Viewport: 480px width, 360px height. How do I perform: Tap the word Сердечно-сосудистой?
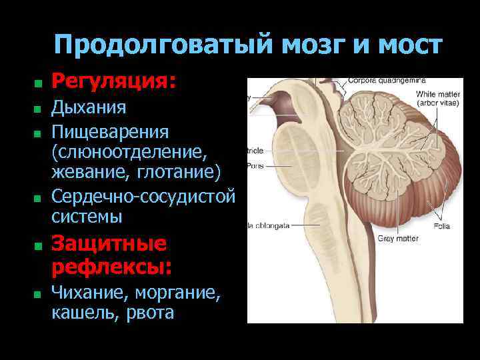click(143, 197)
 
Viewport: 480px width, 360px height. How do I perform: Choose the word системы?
click(87, 217)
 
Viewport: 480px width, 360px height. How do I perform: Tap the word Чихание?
click(89, 292)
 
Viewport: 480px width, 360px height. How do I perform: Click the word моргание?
click(179, 292)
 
